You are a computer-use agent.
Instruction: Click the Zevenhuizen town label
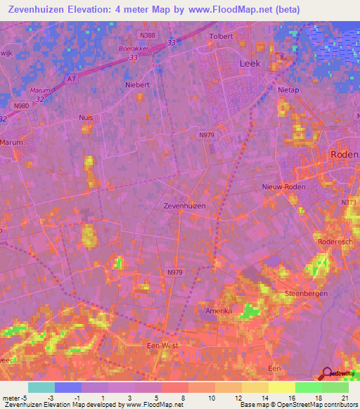(x=184, y=206)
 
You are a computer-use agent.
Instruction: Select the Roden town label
(x=345, y=155)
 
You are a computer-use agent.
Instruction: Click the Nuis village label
(x=86, y=118)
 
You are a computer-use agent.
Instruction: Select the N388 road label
(x=148, y=35)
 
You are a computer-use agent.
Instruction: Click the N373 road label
(x=349, y=202)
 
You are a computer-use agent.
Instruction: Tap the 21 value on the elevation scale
(x=345, y=398)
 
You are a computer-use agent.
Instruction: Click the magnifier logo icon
(x=326, y=375)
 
